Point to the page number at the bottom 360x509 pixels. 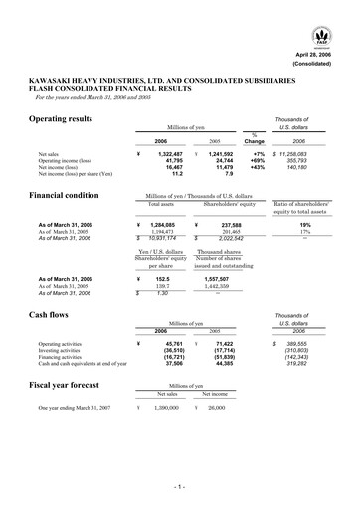pos(180,488)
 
